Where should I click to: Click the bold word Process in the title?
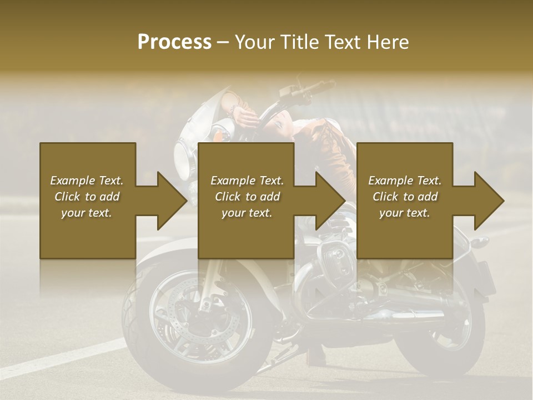click(174, 42)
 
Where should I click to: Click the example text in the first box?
click(87, 197)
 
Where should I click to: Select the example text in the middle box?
click(247, 197)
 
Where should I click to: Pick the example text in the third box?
click(405, 197)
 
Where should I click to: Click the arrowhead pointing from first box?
click(169, 201)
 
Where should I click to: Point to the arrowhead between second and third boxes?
click(329, 201)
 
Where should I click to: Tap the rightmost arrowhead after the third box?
click(487, 201)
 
